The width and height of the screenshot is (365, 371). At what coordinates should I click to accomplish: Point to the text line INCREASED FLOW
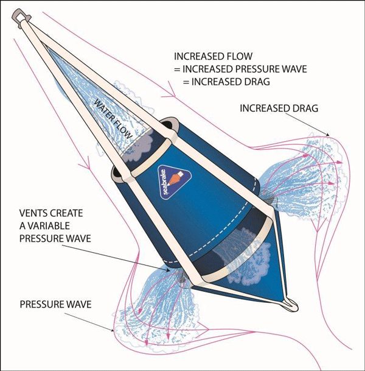(x=213, y=55)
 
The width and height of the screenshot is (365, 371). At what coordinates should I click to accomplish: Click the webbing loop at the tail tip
(x=291, y=303)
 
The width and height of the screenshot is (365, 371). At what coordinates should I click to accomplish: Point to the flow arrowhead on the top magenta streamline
(x=173, y=95)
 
